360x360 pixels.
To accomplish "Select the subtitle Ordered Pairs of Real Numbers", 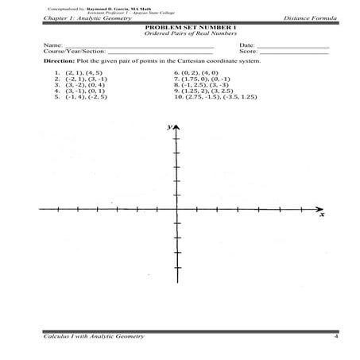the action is coord(180,34).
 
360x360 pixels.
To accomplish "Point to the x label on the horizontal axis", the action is coord(321,214).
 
